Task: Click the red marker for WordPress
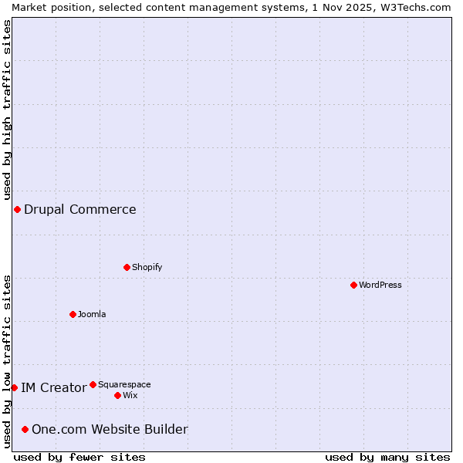click(x=353, y=285)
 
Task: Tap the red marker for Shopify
click(x=127, y=267)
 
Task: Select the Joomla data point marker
click(x=73, y=314)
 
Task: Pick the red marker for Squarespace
click(x=93, y=384)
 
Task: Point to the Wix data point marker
click(x=117, y=395)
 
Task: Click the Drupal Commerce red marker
click(x=17, y=209)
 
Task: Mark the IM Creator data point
click(x=14, y=387)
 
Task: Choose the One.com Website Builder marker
click(x=25, y=429)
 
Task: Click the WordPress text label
click(x=380, y=285)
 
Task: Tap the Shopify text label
click(x=147, y=267)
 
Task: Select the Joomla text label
click(x=92, y=314)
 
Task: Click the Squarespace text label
click(x=124, y=384)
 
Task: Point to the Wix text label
click(x=130, y=395)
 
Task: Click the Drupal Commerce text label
click(x=80, y=209)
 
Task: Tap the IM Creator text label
click(x=53, y=387)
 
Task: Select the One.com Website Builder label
click(x=110, y=429)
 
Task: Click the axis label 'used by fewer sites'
click(x=79, y=457)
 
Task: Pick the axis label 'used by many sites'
click(x=387, y=457)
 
